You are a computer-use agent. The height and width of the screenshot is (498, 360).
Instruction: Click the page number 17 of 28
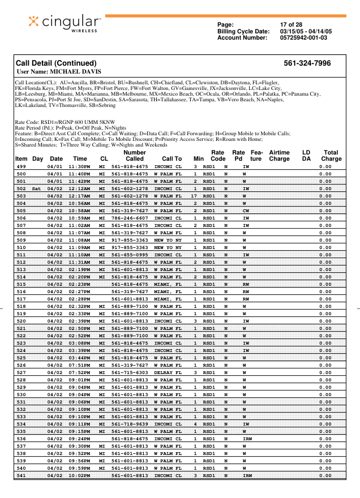(292, 25)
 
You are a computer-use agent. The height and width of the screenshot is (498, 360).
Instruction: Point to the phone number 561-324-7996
(307, 63)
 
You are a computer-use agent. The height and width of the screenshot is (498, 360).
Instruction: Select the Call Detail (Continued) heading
(55, 63)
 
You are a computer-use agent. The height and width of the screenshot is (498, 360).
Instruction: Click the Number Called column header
(135, 156)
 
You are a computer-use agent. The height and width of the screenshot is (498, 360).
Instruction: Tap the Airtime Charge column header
(279, 156)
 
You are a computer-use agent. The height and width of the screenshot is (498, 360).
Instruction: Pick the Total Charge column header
(331, 156)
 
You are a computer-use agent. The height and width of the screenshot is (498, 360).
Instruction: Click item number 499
(21, 167)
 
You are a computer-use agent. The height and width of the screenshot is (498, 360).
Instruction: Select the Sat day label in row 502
(36, 188)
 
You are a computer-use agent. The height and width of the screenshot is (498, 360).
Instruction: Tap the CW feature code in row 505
(246, 211)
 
